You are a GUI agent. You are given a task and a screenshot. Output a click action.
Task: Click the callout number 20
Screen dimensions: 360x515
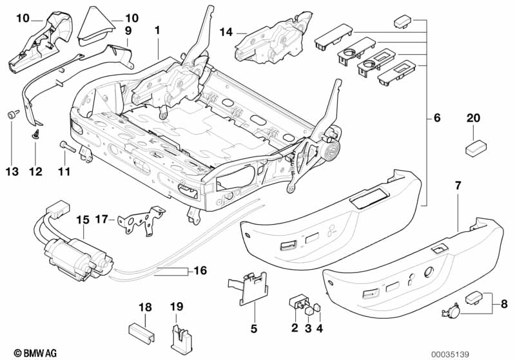click(473, 118)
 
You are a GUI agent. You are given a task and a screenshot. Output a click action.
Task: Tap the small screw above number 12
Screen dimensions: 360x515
click(35, 135)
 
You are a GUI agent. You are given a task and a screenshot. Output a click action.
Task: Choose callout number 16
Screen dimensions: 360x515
click(200, 270)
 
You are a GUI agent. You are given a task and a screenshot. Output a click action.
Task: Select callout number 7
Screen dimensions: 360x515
click(458, 185)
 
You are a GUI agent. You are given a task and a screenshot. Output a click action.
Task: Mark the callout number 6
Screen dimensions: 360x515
click(436, 118)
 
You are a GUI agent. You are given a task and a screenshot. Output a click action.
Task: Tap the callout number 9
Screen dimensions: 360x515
click(128, 30)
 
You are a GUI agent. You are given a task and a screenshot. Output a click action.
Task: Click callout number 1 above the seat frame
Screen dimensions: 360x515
click(157, 30)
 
